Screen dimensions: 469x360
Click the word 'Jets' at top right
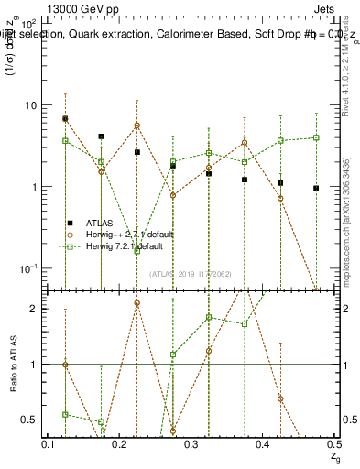tap(324, 8)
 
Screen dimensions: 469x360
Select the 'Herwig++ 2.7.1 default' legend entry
tap(126, 234)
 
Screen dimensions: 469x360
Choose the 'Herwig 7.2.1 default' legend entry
tap(124, 246)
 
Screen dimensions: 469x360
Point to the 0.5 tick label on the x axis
tap(335, 443)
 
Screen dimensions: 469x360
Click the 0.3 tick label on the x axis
tap(191, 443)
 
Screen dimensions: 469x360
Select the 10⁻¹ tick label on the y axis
tap(28, 267)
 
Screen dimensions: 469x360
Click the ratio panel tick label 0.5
tap(31, 420)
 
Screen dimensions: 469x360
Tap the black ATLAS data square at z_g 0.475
tap(316, 188)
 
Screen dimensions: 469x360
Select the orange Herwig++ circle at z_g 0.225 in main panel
tap(136, 125)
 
